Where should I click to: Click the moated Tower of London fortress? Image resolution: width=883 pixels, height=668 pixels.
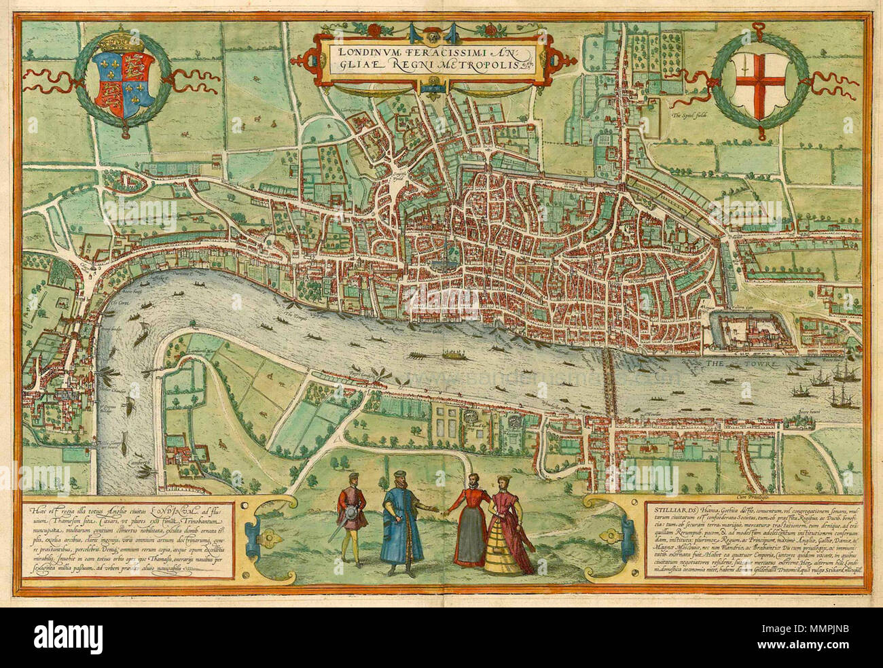point(751,334)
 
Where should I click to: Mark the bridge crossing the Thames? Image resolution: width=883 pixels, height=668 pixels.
point(611,384)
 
